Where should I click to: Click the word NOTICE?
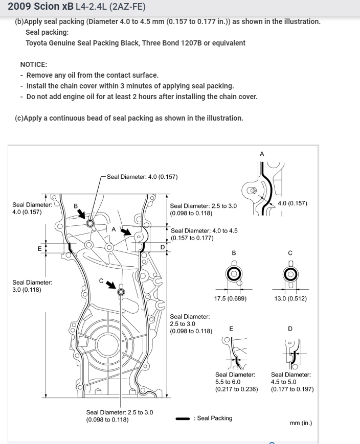click(x=34, y=64)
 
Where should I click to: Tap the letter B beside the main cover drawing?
click(x=76, y=206)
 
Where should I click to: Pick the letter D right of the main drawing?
click(x=163, y=247)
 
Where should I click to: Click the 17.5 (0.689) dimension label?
click(x=230, y=298)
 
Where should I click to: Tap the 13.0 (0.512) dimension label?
click(x=290, y=298)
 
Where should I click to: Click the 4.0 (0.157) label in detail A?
click(x=292, y=203)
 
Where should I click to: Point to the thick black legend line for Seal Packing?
click(x=183, y=418)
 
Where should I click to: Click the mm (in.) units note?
click(x=301, y=423)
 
